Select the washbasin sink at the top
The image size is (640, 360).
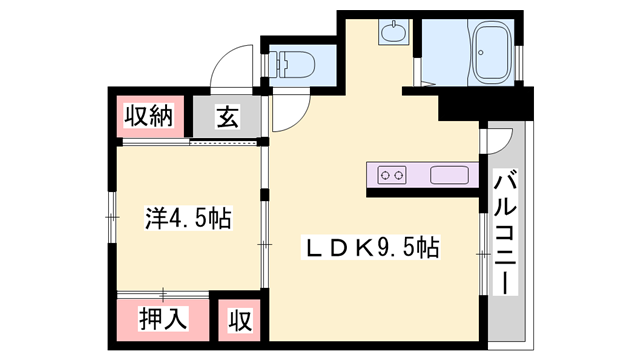point(393,32)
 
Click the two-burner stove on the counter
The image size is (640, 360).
point(391,175)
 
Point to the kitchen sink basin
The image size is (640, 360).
point(449,175)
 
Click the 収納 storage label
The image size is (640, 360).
point(149,116)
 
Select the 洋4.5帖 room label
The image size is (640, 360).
point(188,218)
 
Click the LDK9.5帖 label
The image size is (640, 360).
point(370,247)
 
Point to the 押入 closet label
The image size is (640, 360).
point(163,318)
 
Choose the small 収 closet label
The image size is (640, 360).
point(240,320)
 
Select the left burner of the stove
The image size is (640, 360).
point(384,176)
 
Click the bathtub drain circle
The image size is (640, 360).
point(481,53)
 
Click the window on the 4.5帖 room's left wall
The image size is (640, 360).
point(112,217)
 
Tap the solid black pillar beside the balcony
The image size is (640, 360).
point(486,104)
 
